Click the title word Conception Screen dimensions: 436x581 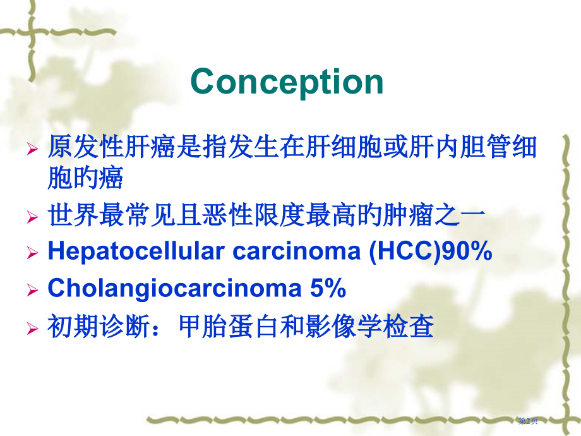[x=287, y=82]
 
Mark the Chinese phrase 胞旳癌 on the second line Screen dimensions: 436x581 [x=86, y=179]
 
